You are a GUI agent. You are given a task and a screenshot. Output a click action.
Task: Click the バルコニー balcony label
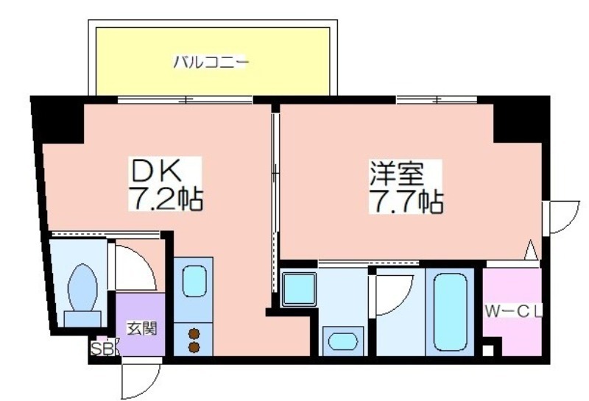211,62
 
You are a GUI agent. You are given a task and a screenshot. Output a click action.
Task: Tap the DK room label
155,171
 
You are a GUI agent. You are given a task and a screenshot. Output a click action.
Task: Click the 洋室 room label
397,174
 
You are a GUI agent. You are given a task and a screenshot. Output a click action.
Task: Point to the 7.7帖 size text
406,202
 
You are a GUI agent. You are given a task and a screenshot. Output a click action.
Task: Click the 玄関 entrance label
141,329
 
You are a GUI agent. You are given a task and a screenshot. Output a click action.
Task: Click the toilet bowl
82,288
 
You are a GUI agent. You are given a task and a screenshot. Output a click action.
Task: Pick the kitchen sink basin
194,281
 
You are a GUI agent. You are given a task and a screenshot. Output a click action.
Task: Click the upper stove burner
194,333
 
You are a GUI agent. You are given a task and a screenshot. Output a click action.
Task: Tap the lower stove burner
194,347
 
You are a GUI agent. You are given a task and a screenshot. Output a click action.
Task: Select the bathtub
450,312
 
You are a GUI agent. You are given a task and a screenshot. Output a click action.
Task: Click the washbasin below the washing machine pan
343,341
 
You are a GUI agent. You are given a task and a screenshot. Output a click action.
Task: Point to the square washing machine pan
299,289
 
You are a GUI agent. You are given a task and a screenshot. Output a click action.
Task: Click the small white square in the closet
487,351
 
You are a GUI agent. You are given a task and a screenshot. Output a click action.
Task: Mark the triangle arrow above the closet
531,250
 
